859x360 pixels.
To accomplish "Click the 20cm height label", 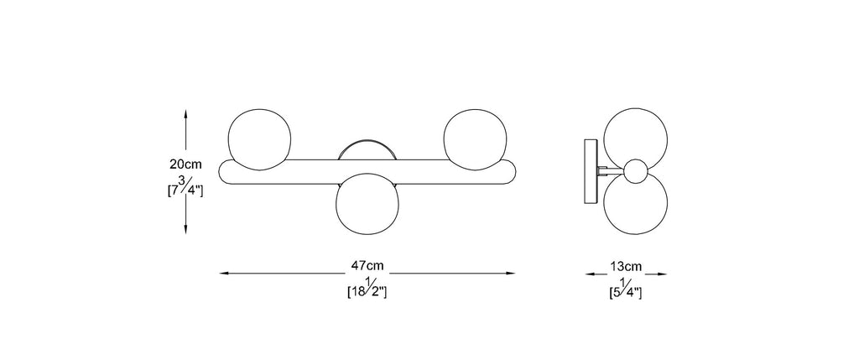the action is (x=185, y=164).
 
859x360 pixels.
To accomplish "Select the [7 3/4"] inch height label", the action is (x=185, y=189).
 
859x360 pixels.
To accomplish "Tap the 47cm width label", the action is (x=367, y=266).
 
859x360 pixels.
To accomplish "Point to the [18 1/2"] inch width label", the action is (x=367, y=290).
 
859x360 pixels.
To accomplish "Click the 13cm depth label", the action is (x=626, y=267).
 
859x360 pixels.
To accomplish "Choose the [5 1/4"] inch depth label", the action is (x=626, y=291).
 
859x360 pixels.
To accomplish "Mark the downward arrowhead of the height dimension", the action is (x=185, y=229).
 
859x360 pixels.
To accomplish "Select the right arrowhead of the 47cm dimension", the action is (x=511, y=273).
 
